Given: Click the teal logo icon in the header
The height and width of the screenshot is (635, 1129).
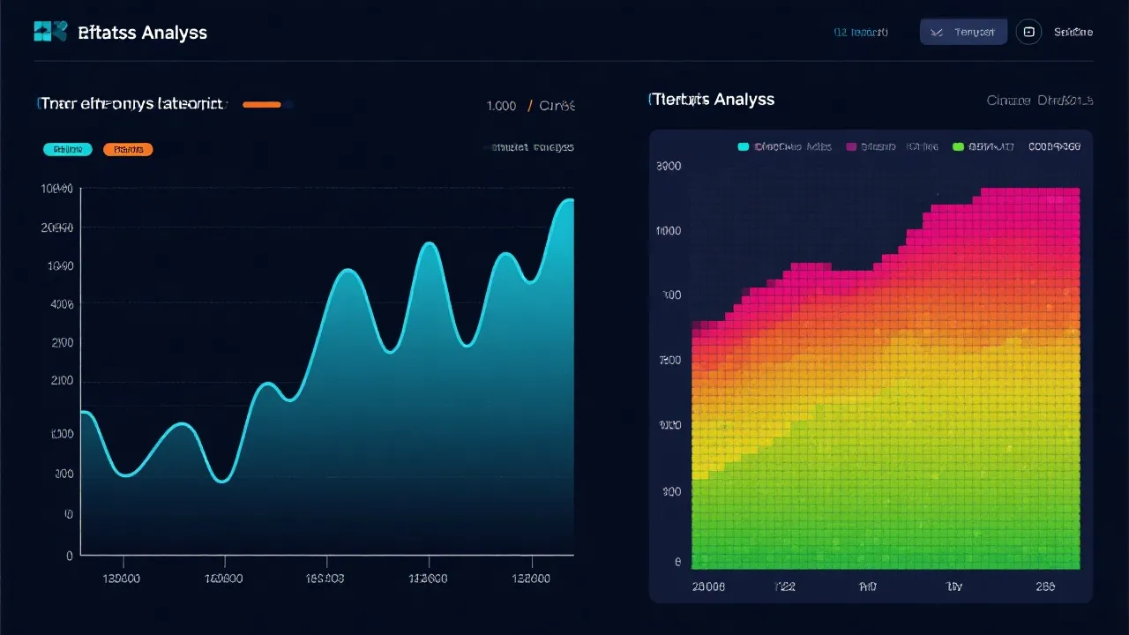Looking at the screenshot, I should pos(50,32).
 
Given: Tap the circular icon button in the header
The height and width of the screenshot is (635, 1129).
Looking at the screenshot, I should pos(1028,33).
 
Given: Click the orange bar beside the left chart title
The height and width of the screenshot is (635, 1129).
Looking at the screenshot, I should pos(262,105).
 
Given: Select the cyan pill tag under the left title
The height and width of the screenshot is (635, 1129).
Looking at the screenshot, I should pos(68,150).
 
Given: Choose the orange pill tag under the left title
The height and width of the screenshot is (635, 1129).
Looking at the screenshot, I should pos(128,150).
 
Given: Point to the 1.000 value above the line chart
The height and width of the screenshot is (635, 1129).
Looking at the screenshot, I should pos(501,106).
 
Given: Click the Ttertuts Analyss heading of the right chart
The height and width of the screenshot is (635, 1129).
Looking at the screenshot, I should pos(711,100).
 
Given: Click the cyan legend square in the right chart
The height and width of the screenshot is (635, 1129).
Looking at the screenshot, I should pos(743,147).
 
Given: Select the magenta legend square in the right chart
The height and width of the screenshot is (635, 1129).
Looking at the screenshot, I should pos(851,147).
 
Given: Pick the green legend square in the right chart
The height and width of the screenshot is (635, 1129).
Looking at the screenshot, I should pos(959,147).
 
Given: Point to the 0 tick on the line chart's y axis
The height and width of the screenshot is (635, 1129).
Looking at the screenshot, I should pos(70,556).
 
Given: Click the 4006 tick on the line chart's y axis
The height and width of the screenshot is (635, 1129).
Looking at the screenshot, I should pos(63,304).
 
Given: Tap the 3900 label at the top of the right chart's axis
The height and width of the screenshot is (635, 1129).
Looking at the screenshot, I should pos(669,166).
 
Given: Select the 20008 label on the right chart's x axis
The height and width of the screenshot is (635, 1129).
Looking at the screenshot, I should pos(708,586).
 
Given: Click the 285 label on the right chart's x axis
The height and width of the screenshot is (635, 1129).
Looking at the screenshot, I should pos(1047,586).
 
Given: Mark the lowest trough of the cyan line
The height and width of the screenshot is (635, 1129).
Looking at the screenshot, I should pos(223,482).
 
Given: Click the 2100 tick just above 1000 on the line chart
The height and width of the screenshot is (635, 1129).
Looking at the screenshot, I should pos(63,381).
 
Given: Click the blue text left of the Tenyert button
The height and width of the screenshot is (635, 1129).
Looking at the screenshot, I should pos(861,33).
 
